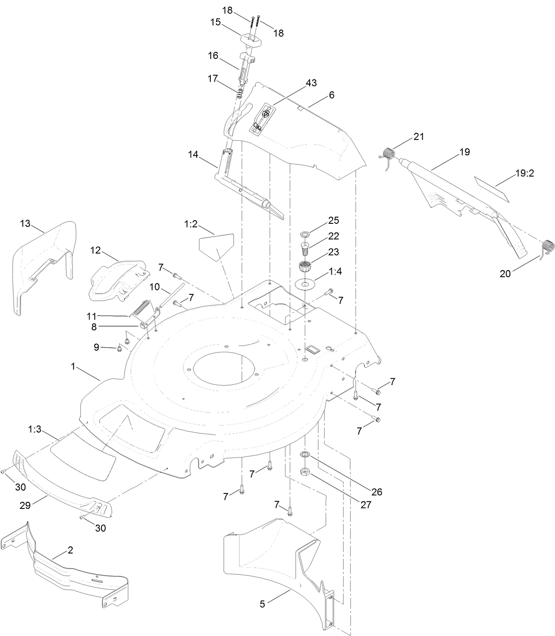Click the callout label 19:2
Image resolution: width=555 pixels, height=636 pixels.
click(x=525, y=173)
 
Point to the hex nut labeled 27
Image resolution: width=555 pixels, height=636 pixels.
click(x=304, y=472)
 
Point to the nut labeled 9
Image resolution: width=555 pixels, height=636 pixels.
click(x=119, y=349)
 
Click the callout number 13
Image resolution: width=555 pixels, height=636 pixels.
click(x=25, y=223)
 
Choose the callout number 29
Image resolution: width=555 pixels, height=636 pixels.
click(x=25, y=505)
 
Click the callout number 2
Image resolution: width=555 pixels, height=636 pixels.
click(x=70, y=550)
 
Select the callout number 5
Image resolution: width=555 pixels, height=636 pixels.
click(x=262, y=604)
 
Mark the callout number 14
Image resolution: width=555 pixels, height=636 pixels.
click(x=193, y=154)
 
